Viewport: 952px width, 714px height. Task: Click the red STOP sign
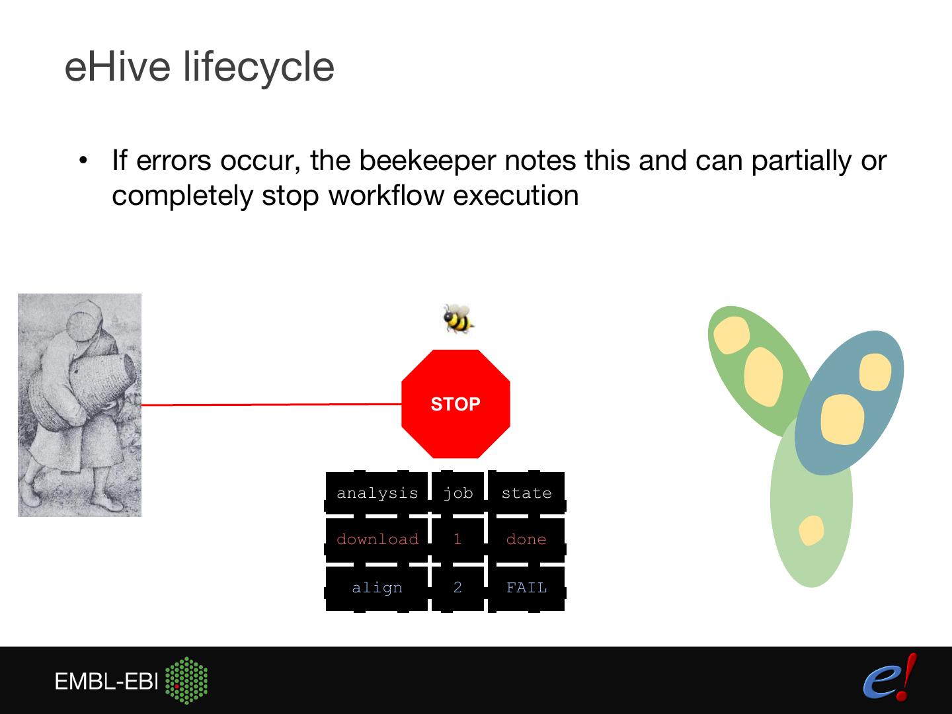[456, 404]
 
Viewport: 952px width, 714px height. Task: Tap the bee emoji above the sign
[457, 318]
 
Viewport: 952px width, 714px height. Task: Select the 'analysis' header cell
[377, 493]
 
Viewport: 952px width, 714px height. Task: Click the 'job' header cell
[457, 493]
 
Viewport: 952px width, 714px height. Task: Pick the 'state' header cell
[526, 493]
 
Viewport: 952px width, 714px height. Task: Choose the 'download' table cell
[377, 539]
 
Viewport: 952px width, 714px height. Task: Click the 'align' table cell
[377, 588]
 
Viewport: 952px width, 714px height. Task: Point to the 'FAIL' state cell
[526, 588]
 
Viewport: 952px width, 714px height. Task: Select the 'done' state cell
[526, 539]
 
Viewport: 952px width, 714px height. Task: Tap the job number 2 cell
[457, 588]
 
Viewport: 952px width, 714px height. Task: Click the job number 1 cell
[457, 539]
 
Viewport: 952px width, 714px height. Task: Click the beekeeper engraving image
[79, 405]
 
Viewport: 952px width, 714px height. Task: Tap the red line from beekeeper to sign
[271, 404]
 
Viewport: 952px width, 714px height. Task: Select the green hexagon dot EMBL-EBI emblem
[186, 680]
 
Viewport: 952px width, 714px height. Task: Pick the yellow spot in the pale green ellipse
[811, 530]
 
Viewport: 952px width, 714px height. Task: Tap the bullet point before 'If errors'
[83, 161]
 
